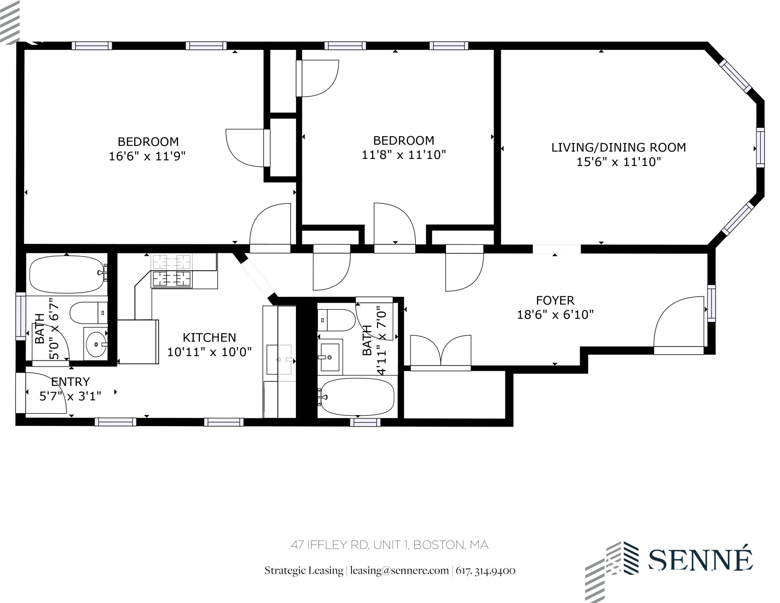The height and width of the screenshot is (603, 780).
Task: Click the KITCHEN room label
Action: tap(209, 337)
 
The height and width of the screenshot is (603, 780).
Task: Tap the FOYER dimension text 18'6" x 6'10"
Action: tap(555, 315)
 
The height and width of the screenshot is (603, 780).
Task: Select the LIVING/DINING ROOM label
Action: tap(618, 147)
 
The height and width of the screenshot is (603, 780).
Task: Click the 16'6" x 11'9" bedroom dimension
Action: tap(147, 156)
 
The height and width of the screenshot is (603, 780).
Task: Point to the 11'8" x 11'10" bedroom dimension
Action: tap(403, 155)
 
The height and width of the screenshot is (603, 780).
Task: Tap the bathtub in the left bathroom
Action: tap(67, 274)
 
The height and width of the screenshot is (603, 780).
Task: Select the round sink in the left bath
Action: tap(96, 344)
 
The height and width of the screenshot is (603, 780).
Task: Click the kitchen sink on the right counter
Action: tap(279, 360)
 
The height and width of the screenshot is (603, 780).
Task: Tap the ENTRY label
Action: tap(70, 382)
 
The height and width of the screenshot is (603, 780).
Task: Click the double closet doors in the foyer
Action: tap(441, 351)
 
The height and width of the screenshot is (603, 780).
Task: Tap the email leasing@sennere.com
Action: tap(399, 571)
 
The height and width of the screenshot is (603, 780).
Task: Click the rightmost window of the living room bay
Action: tap(760, 148)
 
